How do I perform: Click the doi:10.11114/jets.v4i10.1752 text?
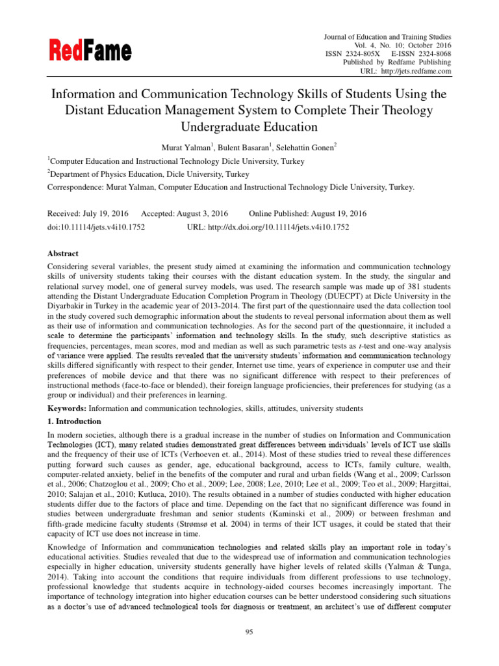click(x=97, y=227)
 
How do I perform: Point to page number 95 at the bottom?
click(x=249, y=631)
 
